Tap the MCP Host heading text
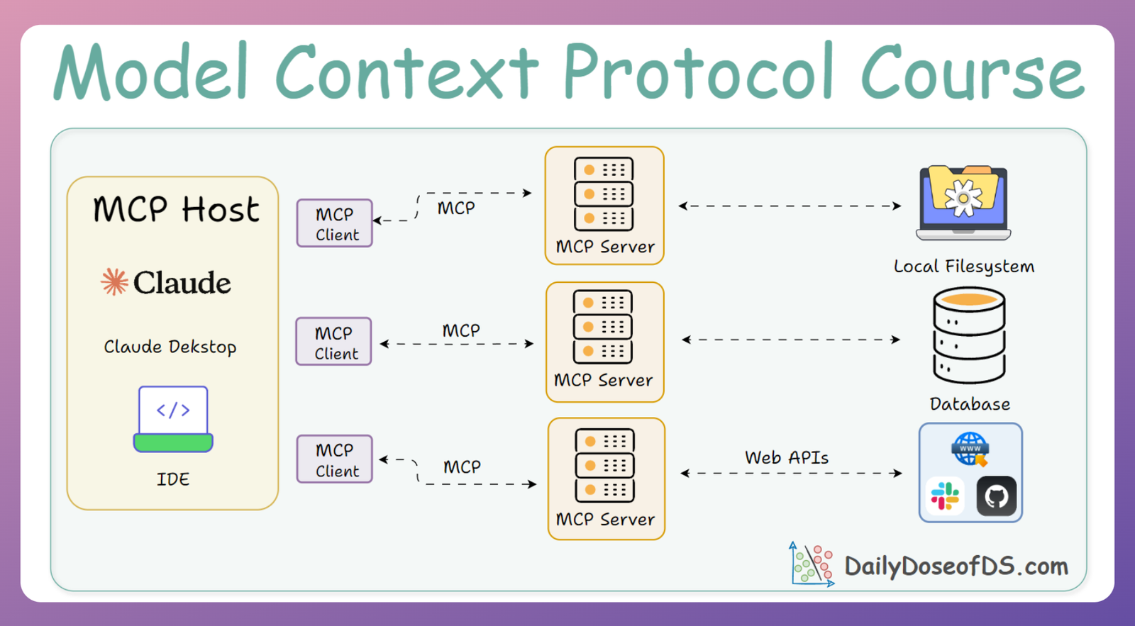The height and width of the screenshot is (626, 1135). (x=176, y=210)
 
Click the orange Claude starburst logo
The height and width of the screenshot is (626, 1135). (x=114, y=281)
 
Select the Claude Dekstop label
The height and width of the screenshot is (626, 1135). (x=170, y=347)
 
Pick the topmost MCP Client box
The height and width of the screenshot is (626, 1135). (x=335, y=223)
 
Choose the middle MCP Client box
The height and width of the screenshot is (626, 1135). (x=334, y=342)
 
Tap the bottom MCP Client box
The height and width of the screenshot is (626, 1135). (x=335, y=459)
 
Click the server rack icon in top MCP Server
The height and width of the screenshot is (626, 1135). (x=604, y=194)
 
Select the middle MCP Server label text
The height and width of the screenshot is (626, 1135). (x=604, y=381)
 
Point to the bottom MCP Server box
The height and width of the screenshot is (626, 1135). (x=607, y=479)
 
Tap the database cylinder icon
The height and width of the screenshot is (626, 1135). (x=969, y=336)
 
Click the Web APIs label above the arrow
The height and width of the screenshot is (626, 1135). (x=787, y=458)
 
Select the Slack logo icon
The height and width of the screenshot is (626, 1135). (x=945, y=496)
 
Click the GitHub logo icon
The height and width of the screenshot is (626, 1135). (x=997, y=496)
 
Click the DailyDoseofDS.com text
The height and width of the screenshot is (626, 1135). (x=956, y=566)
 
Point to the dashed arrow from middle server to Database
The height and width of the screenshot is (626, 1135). (x=791, y=340)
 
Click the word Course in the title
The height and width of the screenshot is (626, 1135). (x=973, y=72)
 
